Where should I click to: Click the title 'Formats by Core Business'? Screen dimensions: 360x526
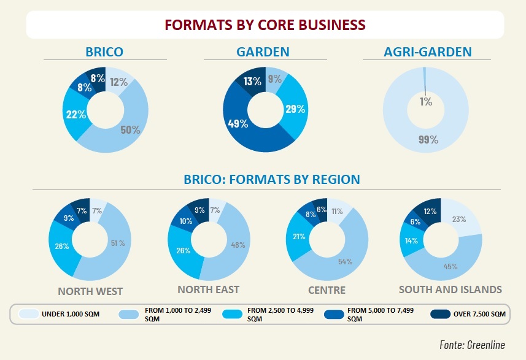click(265, 25)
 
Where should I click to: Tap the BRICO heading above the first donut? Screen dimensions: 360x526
click(104, 52)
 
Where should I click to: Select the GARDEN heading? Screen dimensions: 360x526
click(263, 52)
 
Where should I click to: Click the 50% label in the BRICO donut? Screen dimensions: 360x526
click(130, 129)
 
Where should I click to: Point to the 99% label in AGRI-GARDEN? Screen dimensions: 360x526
click(428, 139)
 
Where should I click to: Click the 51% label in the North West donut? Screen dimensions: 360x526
click(117, 243)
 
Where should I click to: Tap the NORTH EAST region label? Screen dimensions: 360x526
click(208, 289)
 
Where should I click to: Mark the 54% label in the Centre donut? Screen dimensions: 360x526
click(344, 262)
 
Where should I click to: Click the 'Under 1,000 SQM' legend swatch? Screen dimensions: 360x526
click(26, 314)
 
